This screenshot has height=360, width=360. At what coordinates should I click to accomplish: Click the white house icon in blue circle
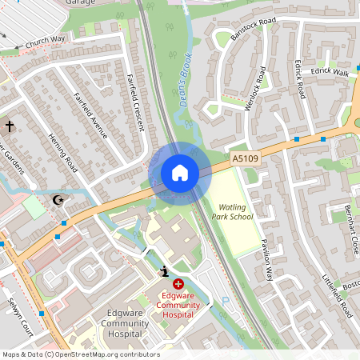point(180,173)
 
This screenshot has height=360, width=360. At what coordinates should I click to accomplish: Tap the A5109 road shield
point(246,159)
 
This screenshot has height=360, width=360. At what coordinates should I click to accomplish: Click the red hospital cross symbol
point(178,284)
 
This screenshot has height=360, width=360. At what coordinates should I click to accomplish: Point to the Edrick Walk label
point(331,72)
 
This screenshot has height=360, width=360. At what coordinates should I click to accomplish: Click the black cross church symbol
point(10,126)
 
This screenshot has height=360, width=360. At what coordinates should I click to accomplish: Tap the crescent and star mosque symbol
point(57,199)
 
